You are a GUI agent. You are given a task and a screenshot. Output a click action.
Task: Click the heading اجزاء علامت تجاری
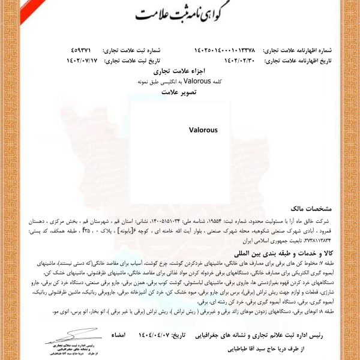[x=179, y=70]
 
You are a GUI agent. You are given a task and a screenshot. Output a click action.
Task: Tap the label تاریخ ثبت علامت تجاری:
[x=133, y=61]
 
